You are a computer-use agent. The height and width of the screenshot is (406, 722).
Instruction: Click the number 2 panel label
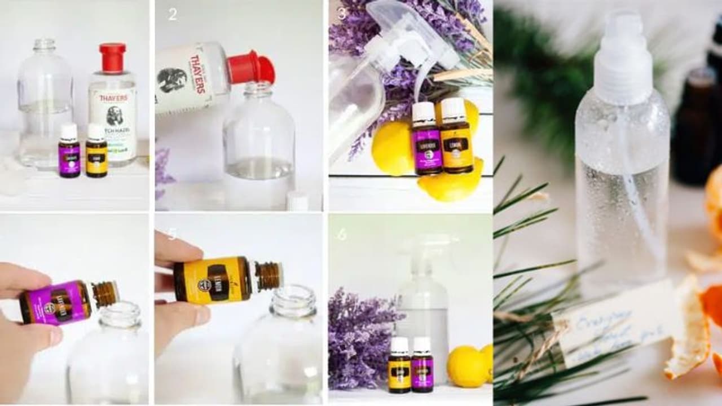click(173, 15)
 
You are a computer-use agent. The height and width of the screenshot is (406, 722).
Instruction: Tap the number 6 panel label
click(342, 234)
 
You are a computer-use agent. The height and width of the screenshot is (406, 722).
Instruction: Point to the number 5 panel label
click(171, 234)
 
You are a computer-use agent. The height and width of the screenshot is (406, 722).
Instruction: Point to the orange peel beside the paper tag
click(688, 327)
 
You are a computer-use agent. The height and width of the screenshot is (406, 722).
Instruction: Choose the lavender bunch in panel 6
click(359, 338)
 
